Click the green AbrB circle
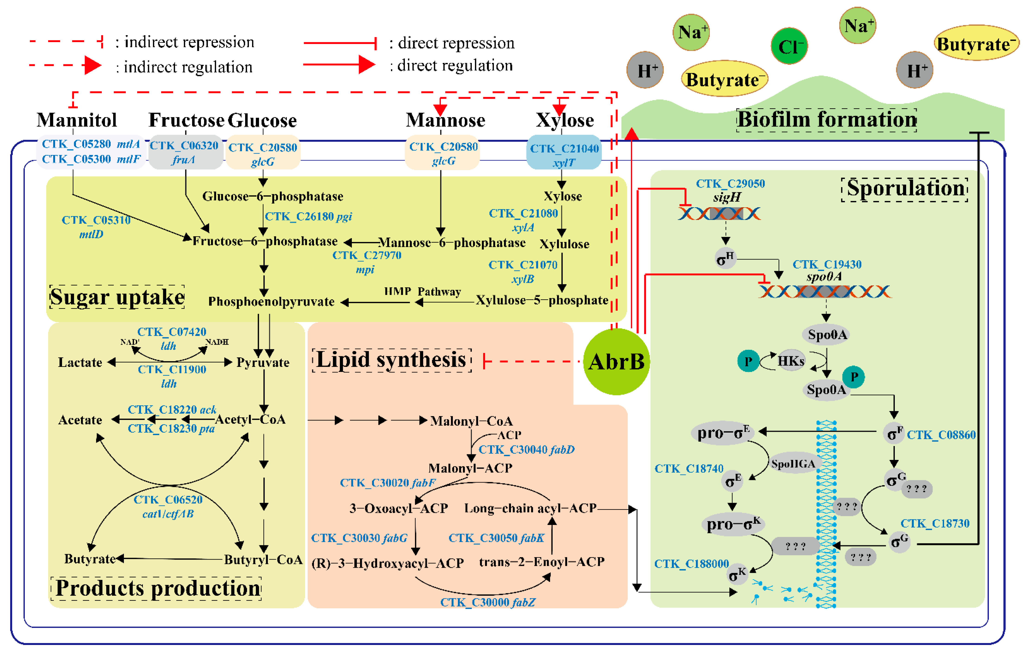[616, 362]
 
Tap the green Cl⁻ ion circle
[789, 46]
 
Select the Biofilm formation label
[827, 120]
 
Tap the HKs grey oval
[790, 361]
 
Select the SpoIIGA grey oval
[793, 464]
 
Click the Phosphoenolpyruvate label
[271, 302]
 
